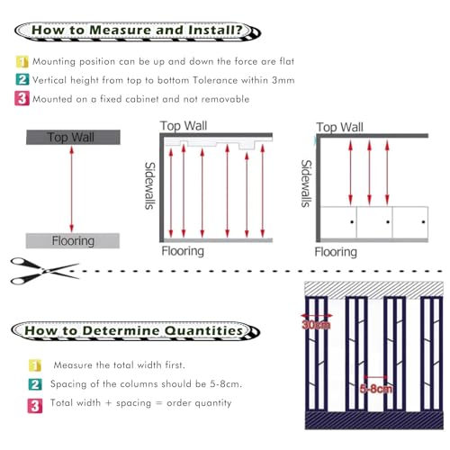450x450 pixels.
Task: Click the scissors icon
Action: pyautogui.click(x=45, y=271)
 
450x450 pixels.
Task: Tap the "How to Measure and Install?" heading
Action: pyautogui.click(x=137, y=31)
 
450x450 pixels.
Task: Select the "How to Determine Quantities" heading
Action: pyautogui.click(x=134, y=330)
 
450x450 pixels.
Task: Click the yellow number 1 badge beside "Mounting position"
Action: pyautogui.click(x=22, y=61)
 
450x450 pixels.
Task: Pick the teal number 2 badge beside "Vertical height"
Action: pyautogui.click(x=22, y=80)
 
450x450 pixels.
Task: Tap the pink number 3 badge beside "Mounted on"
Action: pyautogui.click(x=22, y=99)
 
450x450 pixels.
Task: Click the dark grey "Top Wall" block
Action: pyautogui.click(x=73, y=138)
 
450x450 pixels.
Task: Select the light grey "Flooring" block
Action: pyautogui.click(x=73, y=240)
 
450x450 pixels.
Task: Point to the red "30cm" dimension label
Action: pyautogui.click(x=316, y=325)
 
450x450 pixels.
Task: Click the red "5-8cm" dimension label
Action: pyautogui.click(x=376, y=389)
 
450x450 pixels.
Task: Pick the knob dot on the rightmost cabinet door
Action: pyautogui.click(x=423, y=222)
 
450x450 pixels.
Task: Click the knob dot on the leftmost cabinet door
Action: pyautogui.click(x=352, y=222)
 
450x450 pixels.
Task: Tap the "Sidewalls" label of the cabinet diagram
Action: pyautogui.click(x=307, y=184)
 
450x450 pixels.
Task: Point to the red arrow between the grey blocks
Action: pyautogui.click(x=71, y=189)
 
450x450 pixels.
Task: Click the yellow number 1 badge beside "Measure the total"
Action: pyautogui.click(x=35, y=365)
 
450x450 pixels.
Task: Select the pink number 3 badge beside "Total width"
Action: pyautogui.click(x=35, y=406)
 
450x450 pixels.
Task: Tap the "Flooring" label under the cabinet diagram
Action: pyautogui.click(x=336, y=252)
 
